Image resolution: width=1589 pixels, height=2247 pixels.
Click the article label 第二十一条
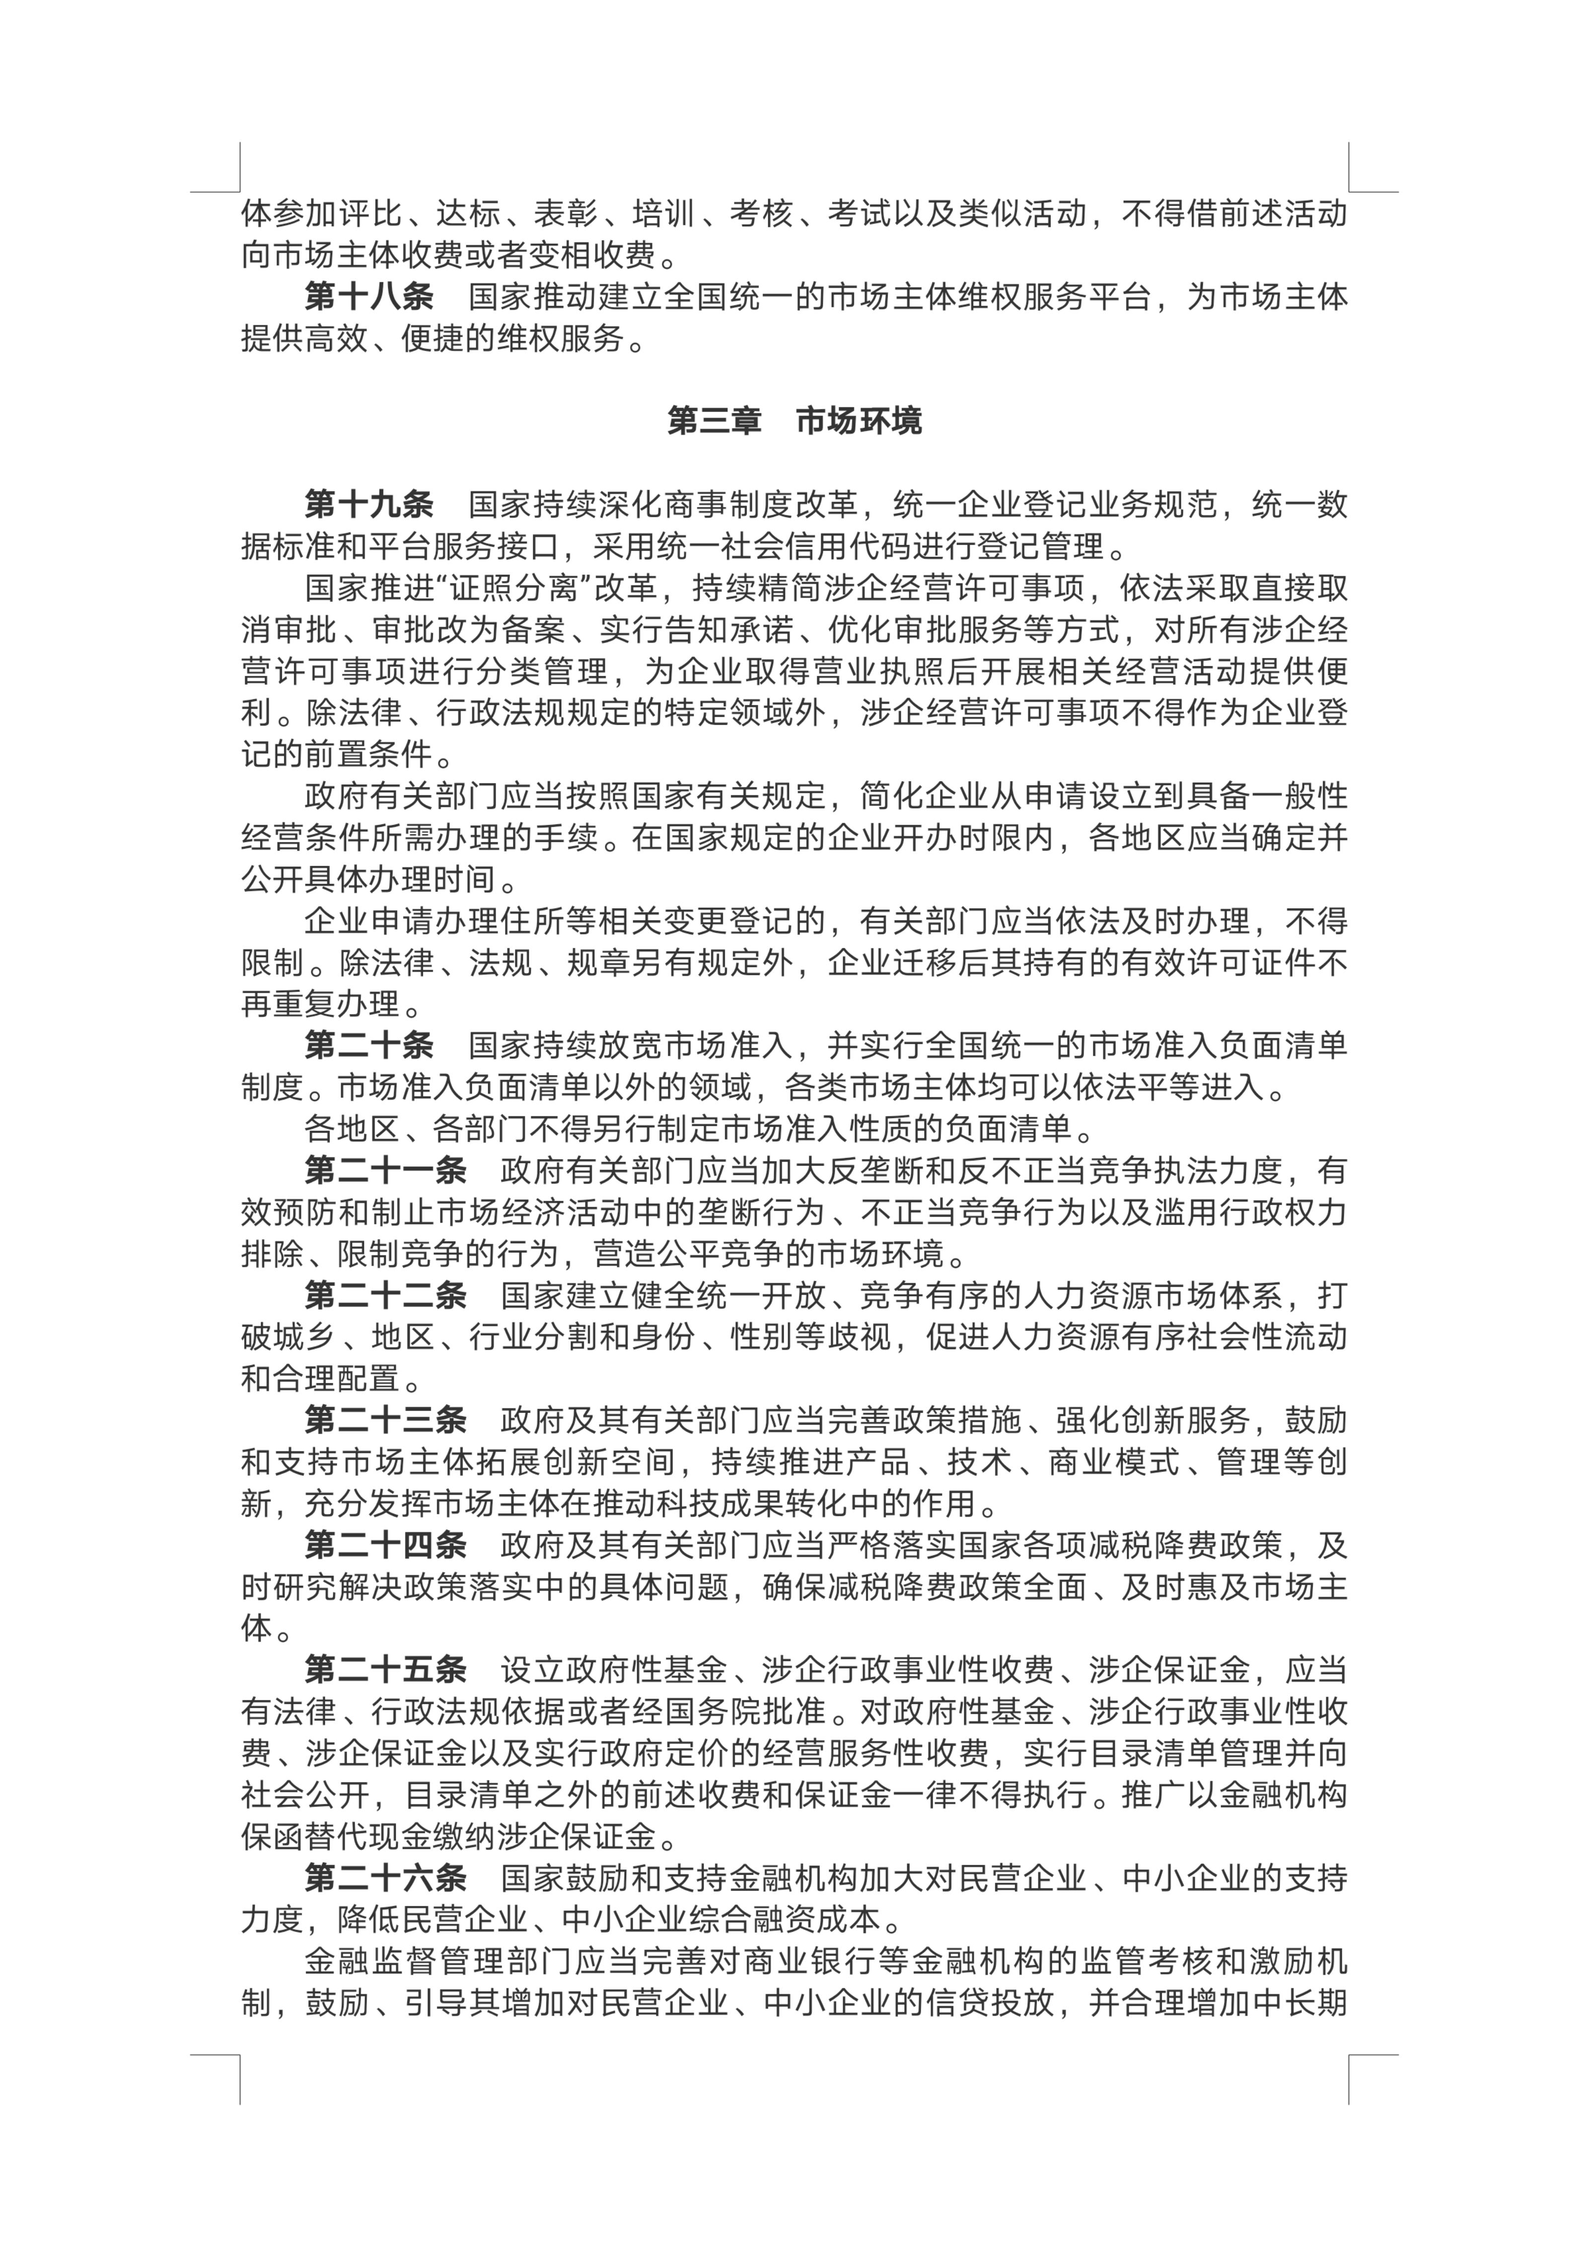click(x=385, y=1170)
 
